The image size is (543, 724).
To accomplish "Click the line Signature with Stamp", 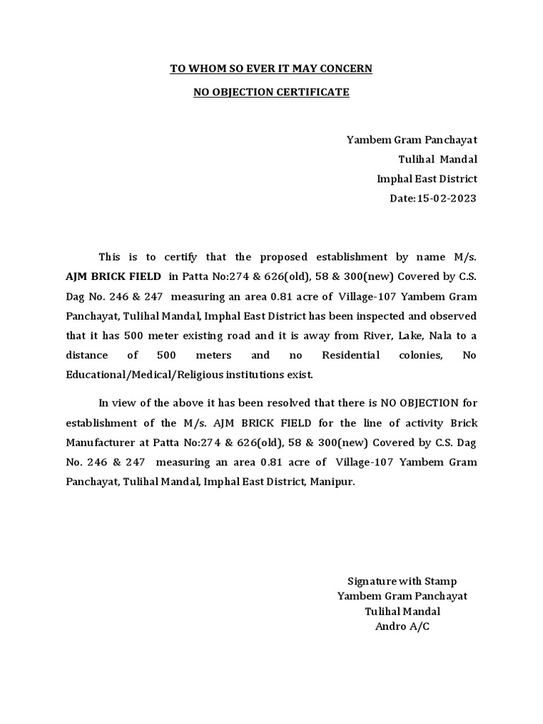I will click(x=402, y=581).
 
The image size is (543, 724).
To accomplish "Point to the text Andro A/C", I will click(x=402, y=626).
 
